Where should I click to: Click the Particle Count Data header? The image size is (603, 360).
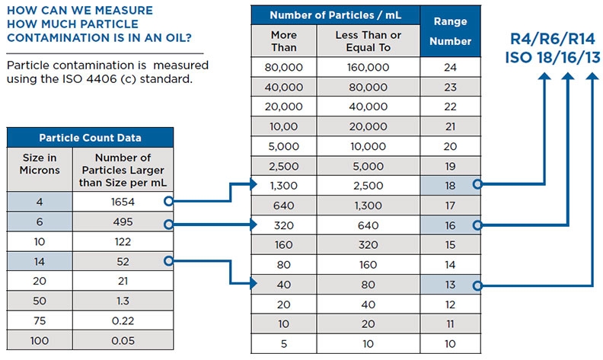tap(90, 138)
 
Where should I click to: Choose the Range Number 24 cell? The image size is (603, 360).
tap(449, 67)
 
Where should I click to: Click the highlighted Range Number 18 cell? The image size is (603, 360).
tap(449, 184)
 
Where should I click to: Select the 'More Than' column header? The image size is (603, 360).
tap(283, 41)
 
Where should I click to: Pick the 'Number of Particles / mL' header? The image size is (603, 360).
tap(336, 15)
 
